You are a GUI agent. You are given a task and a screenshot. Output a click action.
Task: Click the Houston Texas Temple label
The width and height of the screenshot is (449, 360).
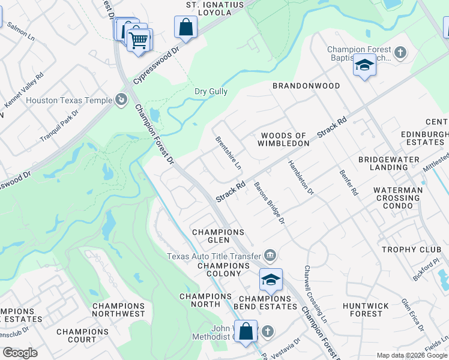70,101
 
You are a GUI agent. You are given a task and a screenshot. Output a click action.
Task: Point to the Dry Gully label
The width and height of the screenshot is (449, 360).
211,92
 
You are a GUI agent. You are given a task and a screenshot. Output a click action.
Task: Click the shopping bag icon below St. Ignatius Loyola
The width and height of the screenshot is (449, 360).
186,27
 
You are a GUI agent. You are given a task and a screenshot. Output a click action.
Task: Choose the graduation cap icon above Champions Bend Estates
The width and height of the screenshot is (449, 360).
271,280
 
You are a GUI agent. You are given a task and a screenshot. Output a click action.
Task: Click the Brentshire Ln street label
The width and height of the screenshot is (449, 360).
229,152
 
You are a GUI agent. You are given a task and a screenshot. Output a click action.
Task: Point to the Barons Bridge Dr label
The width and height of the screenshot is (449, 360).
269,203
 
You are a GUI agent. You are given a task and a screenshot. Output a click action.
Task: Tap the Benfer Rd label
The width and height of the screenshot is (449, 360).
348,182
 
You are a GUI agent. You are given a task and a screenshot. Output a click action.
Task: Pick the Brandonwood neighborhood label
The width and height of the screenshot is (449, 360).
306,86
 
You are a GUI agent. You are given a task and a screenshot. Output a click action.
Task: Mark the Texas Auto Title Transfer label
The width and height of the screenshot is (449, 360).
214,256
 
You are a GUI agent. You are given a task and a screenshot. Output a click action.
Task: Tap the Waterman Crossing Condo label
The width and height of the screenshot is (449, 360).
397,197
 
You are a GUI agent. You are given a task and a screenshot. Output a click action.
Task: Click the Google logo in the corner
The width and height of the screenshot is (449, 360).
20,353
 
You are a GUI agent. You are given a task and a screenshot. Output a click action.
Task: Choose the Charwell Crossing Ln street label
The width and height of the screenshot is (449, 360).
315,292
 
